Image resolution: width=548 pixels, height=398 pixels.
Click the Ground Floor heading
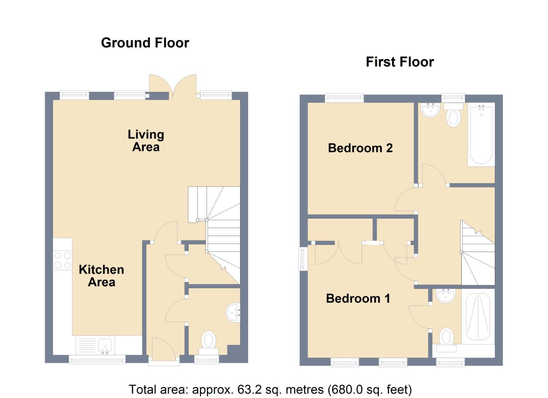(x=145, y=43)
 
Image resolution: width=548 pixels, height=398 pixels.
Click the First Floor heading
(x=400, y=62)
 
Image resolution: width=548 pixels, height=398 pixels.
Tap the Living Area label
(x=146, y=141)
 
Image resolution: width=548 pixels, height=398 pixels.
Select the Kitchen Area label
(x=101, y=276)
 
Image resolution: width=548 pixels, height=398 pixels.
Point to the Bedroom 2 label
(x=361, y=148)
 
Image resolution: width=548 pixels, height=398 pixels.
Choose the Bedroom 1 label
(x=358, y=298)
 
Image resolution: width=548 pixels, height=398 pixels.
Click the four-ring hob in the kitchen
(x=63, y=261)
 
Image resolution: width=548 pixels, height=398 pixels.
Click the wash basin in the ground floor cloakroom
(x=233, y=313)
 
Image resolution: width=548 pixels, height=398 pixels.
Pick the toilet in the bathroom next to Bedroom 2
(x=453, y=115)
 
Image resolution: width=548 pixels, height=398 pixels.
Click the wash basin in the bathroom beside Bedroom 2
(x=430, y=110)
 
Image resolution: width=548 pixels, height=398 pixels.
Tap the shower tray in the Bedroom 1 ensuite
(x=478, y=317)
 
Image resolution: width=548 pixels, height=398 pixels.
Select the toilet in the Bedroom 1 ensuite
(x=447, y=340)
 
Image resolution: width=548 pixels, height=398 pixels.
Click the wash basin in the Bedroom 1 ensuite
(x=446, y=296)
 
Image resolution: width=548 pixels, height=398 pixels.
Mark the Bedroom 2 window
(x=344, y=98)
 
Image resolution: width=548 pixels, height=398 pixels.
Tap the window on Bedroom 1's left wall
(x=303, y=259)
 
